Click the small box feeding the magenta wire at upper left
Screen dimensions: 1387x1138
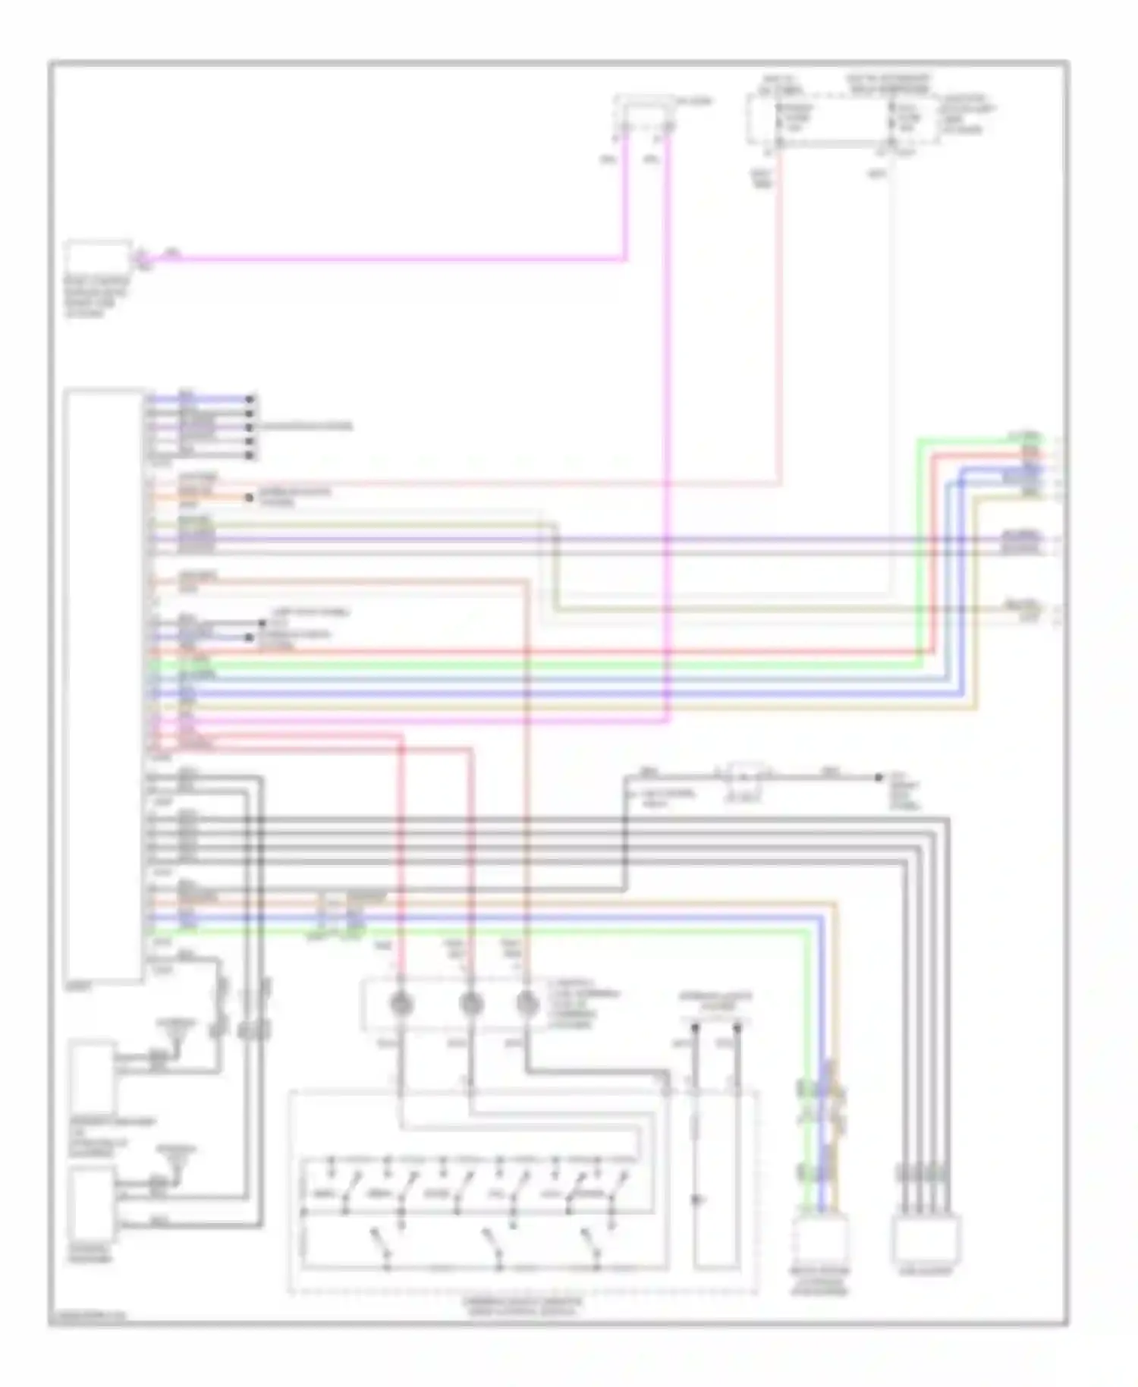(x=98, y=259)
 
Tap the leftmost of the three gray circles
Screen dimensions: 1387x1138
(x=400, y=1005)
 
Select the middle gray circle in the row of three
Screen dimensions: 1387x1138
(x=471, y=1005)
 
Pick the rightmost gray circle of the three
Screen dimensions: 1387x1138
(x=527, y=1005)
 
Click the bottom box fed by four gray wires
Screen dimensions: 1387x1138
(x=926, y=1238)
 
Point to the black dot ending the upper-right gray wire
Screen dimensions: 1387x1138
(x=879, y=778)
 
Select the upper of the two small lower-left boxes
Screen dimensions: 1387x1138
(x=93, y=1076)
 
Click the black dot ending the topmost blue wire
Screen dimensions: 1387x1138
(x=250, y=398)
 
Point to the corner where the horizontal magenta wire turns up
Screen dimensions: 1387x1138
(x=626, y=259)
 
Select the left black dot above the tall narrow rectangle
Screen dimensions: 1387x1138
(x=695, y=1029)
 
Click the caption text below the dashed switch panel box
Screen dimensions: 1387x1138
(x=523, y=1305)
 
